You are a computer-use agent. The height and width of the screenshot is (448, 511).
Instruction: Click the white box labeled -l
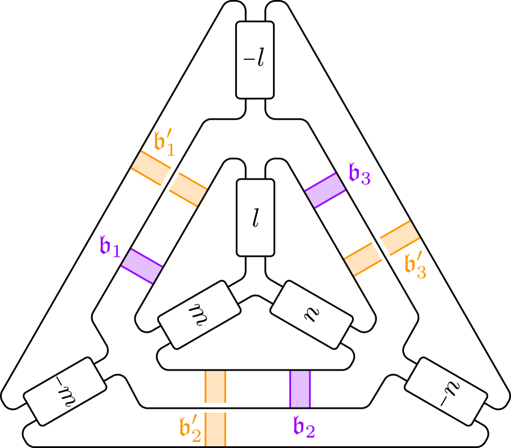coord(255,60)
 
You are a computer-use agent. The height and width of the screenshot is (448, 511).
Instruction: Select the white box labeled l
coord(255,217)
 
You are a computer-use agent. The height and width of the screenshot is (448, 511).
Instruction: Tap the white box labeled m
coord(199,314)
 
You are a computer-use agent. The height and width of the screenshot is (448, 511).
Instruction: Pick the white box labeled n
coord(311,314)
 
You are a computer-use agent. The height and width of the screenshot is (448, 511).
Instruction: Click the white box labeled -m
coord(65,391)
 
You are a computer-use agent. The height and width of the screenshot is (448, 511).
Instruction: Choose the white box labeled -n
coord(445,391)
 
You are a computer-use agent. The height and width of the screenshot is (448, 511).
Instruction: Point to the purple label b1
coord(109,246)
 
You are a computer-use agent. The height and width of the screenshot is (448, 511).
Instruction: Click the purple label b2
coord(304,427)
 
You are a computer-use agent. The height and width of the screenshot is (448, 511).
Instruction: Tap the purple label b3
coord(359,174)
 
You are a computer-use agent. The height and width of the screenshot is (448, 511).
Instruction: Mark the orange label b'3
coord(415,266)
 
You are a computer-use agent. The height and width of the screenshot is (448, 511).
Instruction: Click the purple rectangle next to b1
coord(142,266)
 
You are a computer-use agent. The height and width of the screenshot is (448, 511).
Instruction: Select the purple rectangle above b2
coord(300,389)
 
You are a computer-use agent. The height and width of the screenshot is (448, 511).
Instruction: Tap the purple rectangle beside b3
coord(325,190)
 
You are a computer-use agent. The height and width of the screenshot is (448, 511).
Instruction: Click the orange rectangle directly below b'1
coord(151,168)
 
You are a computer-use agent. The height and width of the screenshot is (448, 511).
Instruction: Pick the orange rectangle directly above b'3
coord(400,237)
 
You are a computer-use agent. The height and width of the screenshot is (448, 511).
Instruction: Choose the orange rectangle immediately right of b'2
coord(215,429)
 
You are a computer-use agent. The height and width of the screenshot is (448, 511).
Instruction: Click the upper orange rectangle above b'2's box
coord(215,387)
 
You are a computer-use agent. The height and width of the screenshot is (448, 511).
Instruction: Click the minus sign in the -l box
coord(248,60)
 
